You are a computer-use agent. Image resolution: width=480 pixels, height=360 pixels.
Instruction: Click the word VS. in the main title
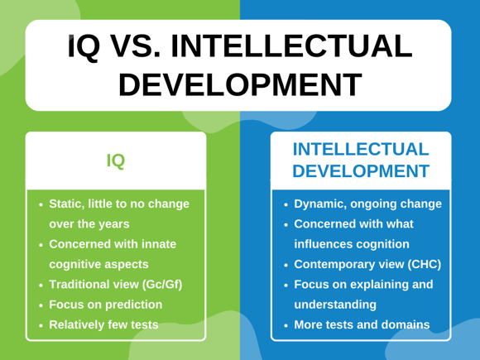pos(135,46)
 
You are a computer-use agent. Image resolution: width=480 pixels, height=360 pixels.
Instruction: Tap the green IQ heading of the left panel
pos(116,161)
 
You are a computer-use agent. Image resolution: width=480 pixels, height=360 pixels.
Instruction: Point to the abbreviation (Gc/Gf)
pos(162,285)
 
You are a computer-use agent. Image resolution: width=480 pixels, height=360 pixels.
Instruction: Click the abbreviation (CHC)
pos(425,265)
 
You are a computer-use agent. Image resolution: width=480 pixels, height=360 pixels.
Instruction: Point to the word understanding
pos(335,305)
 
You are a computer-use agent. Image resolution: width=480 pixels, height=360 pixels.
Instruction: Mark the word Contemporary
pos(332,265)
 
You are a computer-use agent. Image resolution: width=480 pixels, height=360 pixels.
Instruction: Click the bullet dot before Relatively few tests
pos(41,326)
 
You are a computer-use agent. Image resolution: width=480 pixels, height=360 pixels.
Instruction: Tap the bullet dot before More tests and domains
pos(286,326)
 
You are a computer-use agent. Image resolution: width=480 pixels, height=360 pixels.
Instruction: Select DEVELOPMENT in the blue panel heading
pos(361,170)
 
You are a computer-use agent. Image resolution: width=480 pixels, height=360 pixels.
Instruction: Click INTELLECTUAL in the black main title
pos(291,46)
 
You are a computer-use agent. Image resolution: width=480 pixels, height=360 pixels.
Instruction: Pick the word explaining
pos(379,285)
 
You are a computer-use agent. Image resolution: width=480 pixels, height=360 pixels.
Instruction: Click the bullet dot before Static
pos(41,204)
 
